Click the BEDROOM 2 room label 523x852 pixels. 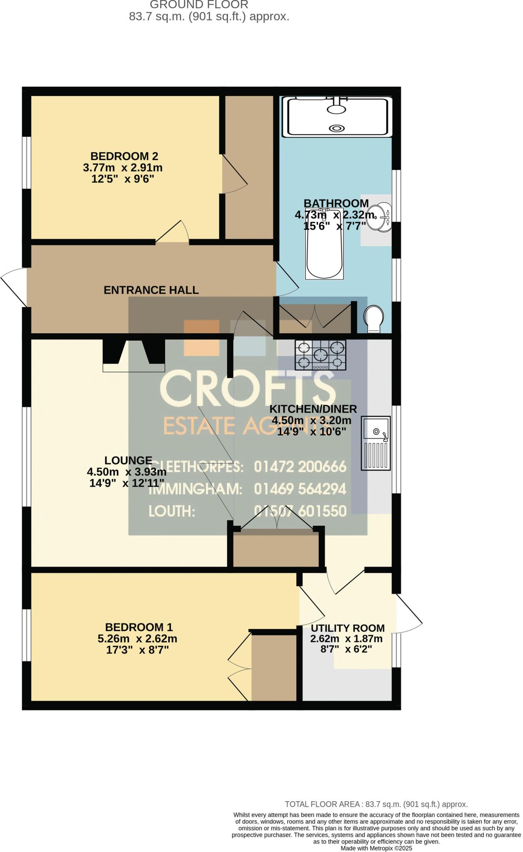coord(124,156)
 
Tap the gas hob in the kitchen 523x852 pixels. coord(320,355)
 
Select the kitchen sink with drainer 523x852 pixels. coord(376,443)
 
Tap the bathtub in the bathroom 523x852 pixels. coord(324,250)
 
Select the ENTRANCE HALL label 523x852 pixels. coord(151,290)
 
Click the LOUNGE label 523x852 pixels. coord(128,461)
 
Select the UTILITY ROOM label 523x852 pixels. coord(347,628)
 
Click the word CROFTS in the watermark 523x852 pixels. coord(248,389)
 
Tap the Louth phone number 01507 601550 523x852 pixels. coord(300,511)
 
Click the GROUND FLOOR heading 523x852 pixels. coord(199,5)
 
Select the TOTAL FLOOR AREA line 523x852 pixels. coord(376,804)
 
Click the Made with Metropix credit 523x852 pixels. coord(376,848)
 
